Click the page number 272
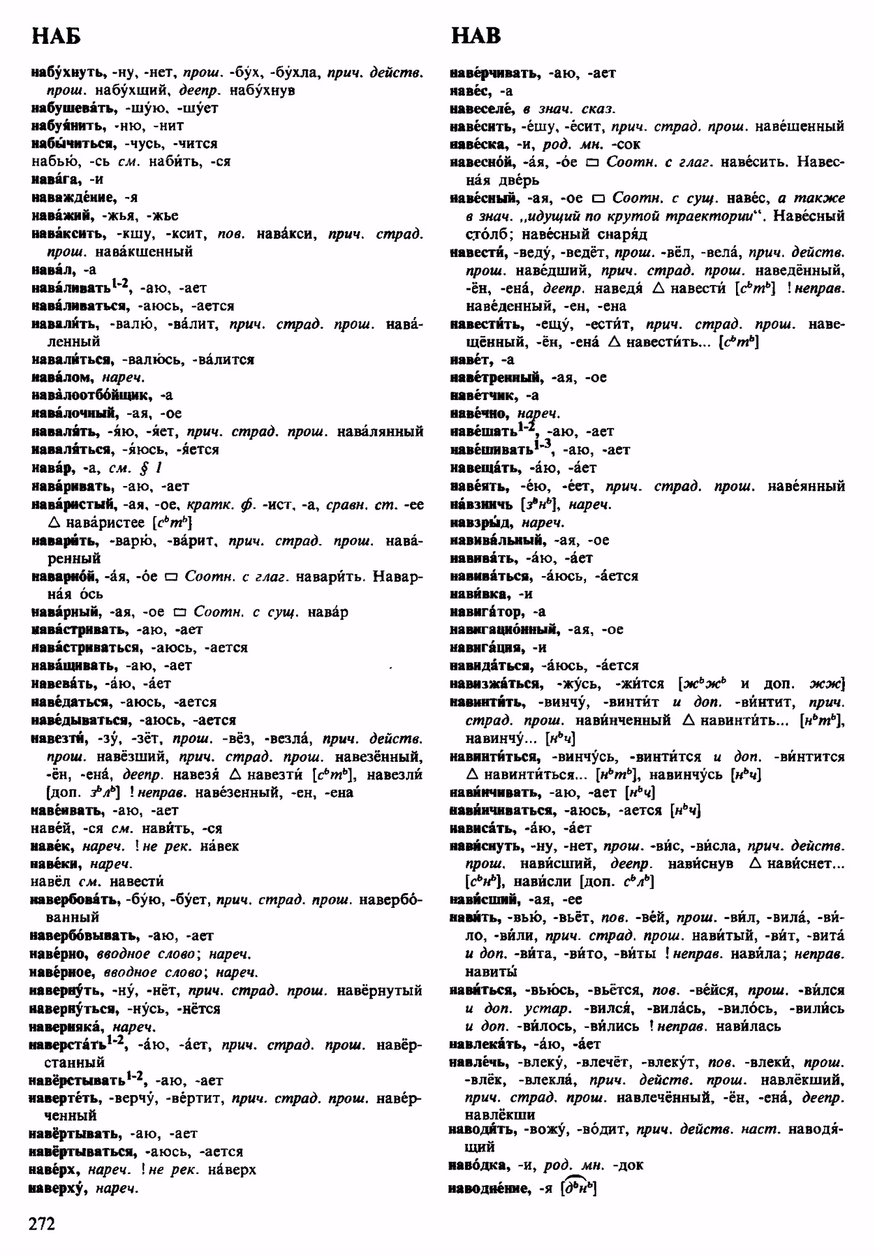42,1223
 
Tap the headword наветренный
495,378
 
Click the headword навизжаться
496,684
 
